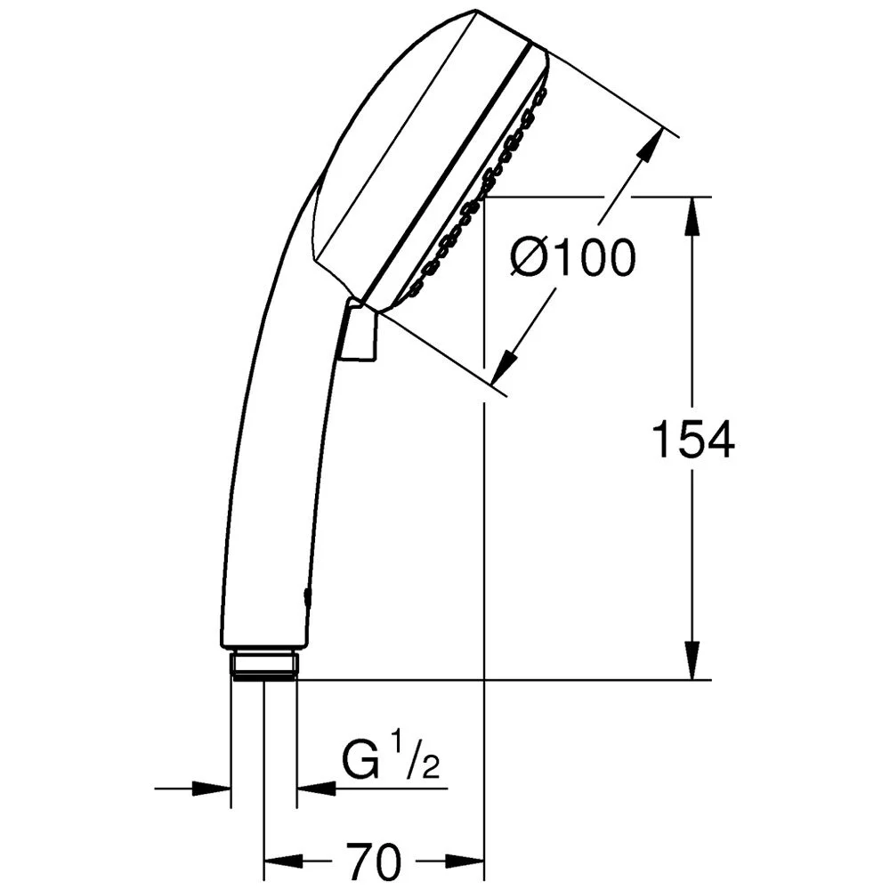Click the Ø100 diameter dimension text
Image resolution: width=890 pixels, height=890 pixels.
[x=573, y=258]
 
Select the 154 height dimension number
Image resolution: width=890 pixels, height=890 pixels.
[x=693, y=440]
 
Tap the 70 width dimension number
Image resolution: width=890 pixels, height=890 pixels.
[x=375, y=861]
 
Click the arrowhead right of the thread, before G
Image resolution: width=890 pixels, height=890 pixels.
[x=316, y=788]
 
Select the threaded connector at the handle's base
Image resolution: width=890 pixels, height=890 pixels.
[x=263, y=664]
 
